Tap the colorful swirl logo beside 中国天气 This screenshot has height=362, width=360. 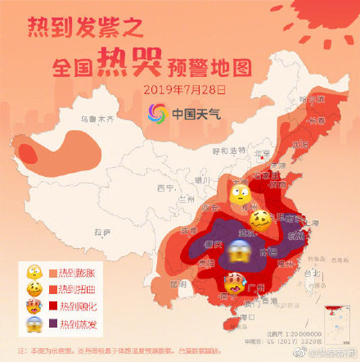[158, 112]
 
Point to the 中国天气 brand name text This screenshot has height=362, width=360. [195, 113]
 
